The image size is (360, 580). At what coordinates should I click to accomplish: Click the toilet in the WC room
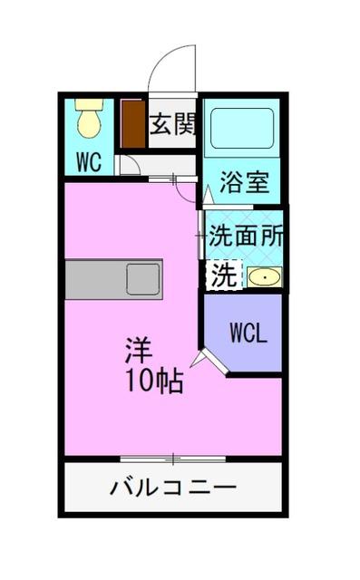[x=89, y=118]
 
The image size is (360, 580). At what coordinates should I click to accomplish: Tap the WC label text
[x=88, y=163]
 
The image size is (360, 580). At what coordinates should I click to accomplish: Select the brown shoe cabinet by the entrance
[x=133, y=124]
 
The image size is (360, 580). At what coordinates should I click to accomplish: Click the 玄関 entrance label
[x=172, y=124]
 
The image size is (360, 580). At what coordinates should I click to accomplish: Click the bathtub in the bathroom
[x=242, y=130]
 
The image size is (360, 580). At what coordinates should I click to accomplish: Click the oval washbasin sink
[x=264, y=277]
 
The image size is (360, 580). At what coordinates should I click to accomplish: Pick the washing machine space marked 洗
[x=222, y=275]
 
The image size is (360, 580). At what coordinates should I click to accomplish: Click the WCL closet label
[x=247, y=333]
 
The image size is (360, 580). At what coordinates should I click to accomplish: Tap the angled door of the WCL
[x=215, y=362]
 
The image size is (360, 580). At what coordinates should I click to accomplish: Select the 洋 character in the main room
[x=139, y=349]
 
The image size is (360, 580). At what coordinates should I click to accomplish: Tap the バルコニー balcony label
[x=173, y=488]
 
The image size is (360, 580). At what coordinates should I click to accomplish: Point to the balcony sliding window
[x=173, y=458]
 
